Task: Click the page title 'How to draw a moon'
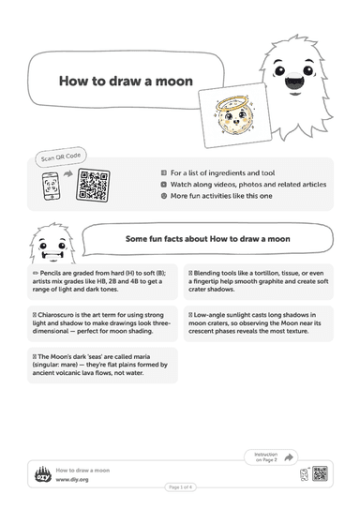click(x=126, y=82)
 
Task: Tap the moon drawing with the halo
click(x=234, y=115)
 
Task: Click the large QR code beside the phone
click(x=93, y=185)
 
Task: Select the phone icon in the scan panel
click(x=52, y=186)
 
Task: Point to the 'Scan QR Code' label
click(x=61, y=157)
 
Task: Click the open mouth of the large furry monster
click(x=294, y=82)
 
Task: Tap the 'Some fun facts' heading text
click(x=208, y=239)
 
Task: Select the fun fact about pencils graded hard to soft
click(x=102, y=281)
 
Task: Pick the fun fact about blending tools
click(x=259, y=281)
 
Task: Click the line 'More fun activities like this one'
click(x=221, y=196)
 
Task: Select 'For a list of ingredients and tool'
click(x=223, y=173)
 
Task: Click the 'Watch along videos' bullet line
click(x=248, y=185)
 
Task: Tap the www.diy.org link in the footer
click(x=72, y=479)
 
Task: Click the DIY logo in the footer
click(x=43, y=474)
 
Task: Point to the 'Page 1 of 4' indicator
click(x=180, y=487)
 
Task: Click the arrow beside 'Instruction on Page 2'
click(x=289, y=457)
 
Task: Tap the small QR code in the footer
click(x=320, y=473)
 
